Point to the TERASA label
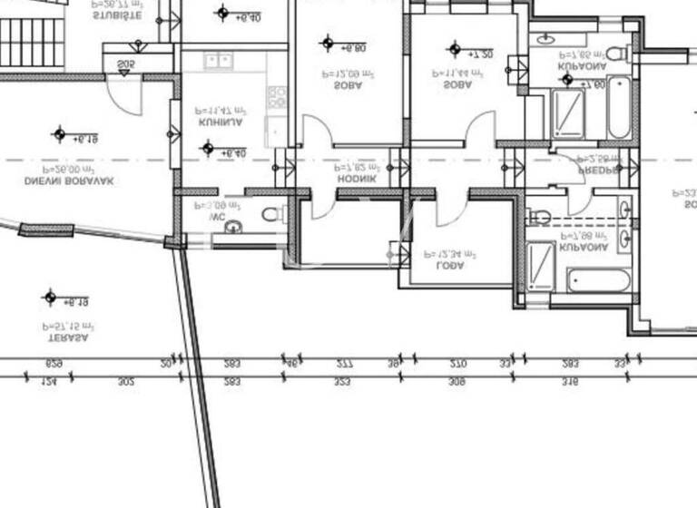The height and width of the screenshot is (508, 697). click(x=68, y=337)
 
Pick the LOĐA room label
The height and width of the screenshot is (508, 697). click(x=450, y=267)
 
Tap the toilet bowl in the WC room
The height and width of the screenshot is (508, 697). click(x=271, y=214)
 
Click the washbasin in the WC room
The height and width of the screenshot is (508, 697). click(x=233, y=226)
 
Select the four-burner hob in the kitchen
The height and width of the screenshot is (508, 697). click(x=277, y=95)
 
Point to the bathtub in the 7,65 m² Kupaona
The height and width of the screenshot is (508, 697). click(x=619, y=106)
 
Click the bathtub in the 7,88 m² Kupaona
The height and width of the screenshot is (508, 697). click(x=597, y=279)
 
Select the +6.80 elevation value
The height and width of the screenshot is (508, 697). click(x=353, y=48)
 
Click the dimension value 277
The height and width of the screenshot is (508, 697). click(x=344, y=363)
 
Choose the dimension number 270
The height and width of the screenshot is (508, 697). click(x=458, y=363)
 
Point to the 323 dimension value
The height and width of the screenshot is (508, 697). click(x=341, y=382)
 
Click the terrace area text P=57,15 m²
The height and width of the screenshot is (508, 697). click(x=68, y=324)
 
